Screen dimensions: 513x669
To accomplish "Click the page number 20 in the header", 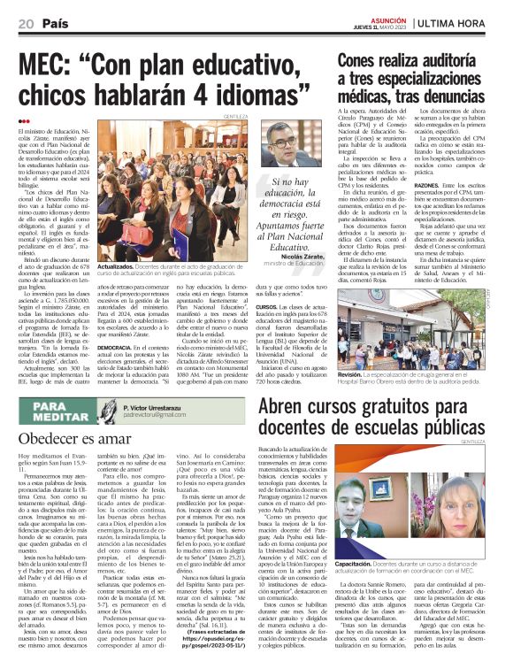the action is click(x=25, y=22).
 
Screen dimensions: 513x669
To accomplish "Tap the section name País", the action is click(x=56, y=22).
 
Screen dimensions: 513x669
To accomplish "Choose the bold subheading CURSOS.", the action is click(x=266, y=305).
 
